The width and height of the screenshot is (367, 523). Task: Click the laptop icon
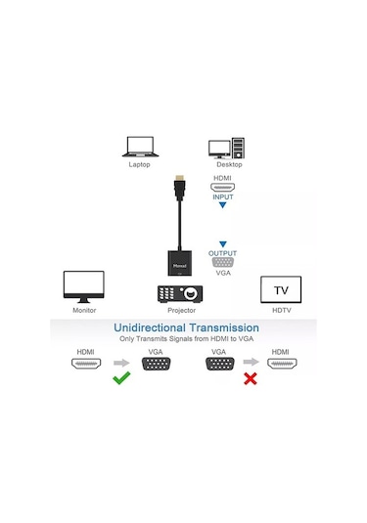(x=139, y=147)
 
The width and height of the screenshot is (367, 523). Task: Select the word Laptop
(x=139, y=164)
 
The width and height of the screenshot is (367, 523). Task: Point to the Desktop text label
(x=229, y=164)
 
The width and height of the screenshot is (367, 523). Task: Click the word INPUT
(x=224, y=196)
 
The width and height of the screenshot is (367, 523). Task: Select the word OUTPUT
(x=223, y=253)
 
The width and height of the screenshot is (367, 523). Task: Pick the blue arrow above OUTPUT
(x=223, y=243)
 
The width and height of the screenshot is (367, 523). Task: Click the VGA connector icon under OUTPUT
(x=223, y=264)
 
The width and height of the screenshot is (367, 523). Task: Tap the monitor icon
(x=84, y=287)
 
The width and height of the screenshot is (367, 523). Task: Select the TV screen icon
(x=281, y=290)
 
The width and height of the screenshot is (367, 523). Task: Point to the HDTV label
(x=281, y=310)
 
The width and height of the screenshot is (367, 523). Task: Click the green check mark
(x=121, y=377)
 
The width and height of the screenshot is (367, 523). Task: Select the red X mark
(x=250, y=377)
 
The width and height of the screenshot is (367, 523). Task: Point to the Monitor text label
(x=84, y=310)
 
